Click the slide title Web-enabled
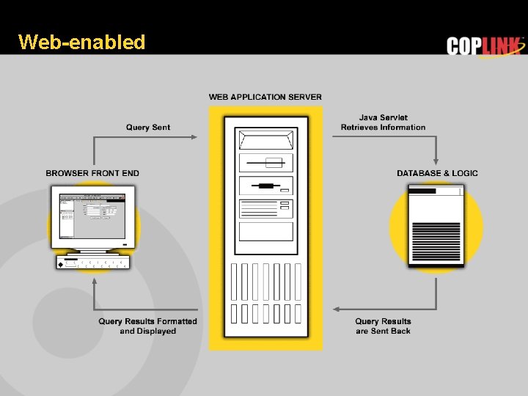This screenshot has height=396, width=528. pos(82,42)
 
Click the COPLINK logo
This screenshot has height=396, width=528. pos(485,46)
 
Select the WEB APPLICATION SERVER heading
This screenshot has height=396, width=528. pos(265,97)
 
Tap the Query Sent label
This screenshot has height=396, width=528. pos(148,128)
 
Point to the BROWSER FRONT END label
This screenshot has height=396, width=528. pos(92,173)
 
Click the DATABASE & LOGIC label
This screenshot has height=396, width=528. pos(437,173)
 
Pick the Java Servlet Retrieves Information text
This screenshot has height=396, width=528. pos(383,122)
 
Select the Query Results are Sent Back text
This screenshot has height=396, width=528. pos(383,326)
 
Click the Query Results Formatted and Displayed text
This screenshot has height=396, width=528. pos(148,326)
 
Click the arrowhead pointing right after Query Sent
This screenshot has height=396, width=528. pos(194,136)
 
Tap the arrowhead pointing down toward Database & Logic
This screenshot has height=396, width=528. pos(436,161)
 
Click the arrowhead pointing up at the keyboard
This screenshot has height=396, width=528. pos(93,284)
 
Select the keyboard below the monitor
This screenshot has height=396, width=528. pos(93,263)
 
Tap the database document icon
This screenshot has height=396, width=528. pos(436,226)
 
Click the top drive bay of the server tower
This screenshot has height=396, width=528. pos(265,139)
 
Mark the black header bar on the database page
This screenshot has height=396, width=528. pos(422,191)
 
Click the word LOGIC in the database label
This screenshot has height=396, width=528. pos(465,173)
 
